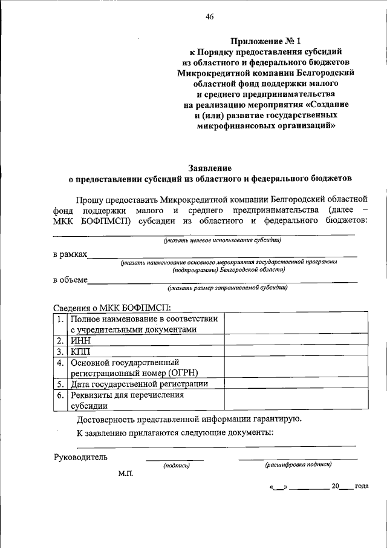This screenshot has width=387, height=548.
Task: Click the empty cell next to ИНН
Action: click(295, 340)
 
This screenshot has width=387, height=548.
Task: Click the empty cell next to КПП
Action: click(295, 351)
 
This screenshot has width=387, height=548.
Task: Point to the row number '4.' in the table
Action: click(60, 363)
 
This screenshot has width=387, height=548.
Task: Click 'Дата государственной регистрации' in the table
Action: click(139, 384)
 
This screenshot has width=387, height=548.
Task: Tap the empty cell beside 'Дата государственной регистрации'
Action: click(295, 384)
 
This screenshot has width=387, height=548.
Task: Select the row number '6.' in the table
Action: click(60, 395)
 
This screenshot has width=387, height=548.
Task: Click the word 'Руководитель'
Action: click(80, 456)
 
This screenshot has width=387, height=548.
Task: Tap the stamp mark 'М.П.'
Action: click(126, 474)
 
